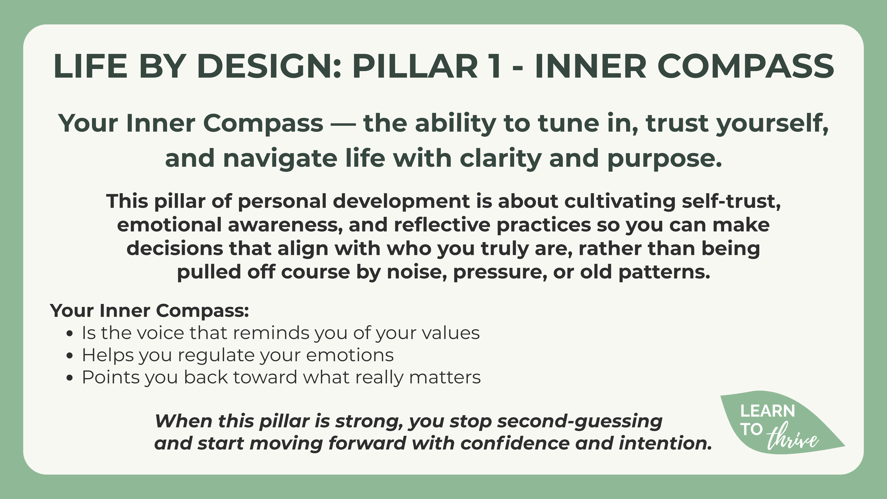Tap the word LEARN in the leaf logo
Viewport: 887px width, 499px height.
coord(768,411)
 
